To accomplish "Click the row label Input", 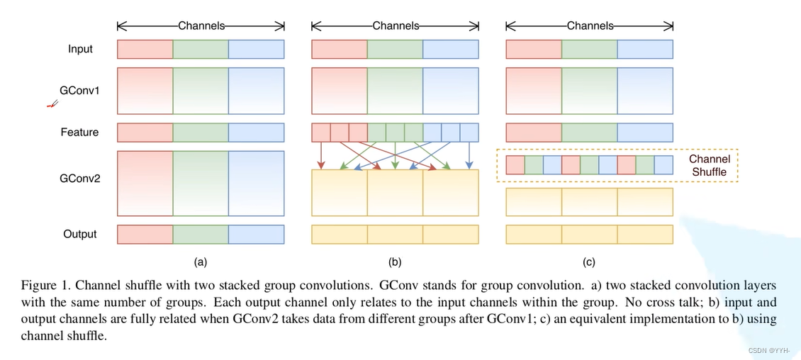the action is pos(80,50).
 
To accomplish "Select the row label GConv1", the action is pos(80,91).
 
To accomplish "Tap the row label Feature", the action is pos(79,133).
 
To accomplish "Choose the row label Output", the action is pos(80,235).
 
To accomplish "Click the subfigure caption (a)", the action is pos(200,262).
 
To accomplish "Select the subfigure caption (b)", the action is pos(395,262).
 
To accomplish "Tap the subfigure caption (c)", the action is pos(589,262).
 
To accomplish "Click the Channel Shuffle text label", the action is pos(709,165).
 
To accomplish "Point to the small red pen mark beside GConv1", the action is pos(52,104).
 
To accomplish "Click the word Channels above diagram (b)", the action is pos(396,26).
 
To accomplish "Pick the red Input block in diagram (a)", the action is pos(145,50).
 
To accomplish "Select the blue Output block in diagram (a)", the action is pos(257,235).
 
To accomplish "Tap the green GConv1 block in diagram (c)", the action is pos(590,91).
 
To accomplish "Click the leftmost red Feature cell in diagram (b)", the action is pos(321,133).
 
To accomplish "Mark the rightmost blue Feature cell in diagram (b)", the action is pos(469,133).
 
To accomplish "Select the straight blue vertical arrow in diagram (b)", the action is pos(469,155).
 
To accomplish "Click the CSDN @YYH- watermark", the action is pos(769,351).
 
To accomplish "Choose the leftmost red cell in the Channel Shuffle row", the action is pos(515,165).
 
